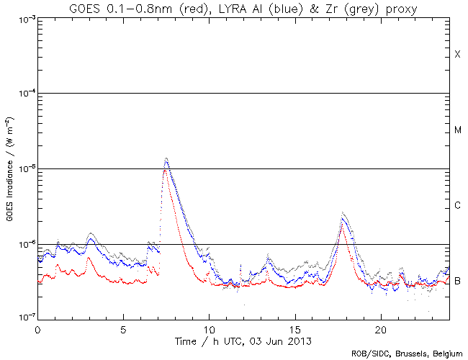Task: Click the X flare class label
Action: (457, 55)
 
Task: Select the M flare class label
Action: (457, 130)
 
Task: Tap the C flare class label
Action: (457, 206)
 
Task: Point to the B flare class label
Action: (457, 281)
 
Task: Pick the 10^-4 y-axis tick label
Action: (24, 94)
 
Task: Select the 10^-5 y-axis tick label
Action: (24, 169)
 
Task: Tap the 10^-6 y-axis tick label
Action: (24, 245)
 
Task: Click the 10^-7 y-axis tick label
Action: (24, 319)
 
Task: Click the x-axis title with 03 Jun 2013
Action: (243, 339)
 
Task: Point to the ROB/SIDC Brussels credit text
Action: (407, 354)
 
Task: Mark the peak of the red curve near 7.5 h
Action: (166, 171)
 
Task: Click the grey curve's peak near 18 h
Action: (343, 212)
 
